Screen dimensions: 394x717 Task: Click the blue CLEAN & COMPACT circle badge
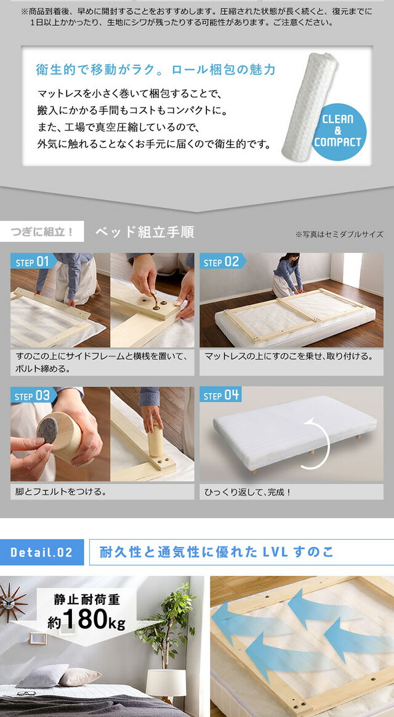tap(340, 132)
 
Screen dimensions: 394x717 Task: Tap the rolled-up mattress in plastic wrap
tap(309, 106)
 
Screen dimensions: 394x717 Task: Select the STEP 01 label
tap(33, 262)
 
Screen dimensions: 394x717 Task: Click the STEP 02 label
tap(222, 262)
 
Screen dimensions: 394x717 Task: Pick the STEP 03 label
tap(33, 396)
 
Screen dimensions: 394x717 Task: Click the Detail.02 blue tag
tap(42, 552)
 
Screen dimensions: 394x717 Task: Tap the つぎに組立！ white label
tap(42, 232)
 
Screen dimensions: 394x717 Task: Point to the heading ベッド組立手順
tap(145, 232)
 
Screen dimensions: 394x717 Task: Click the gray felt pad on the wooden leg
tap(47, 430)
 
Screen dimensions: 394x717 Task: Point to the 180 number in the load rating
tap(85, 619)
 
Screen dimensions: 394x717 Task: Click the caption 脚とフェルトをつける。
tap(61, 492)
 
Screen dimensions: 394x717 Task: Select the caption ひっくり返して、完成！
tap(247, 492)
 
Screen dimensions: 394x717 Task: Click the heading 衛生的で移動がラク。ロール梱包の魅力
tap(156, 70)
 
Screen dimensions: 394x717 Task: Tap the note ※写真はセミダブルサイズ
tap(339, 234)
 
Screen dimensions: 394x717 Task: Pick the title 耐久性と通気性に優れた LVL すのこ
tap(217, 552)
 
